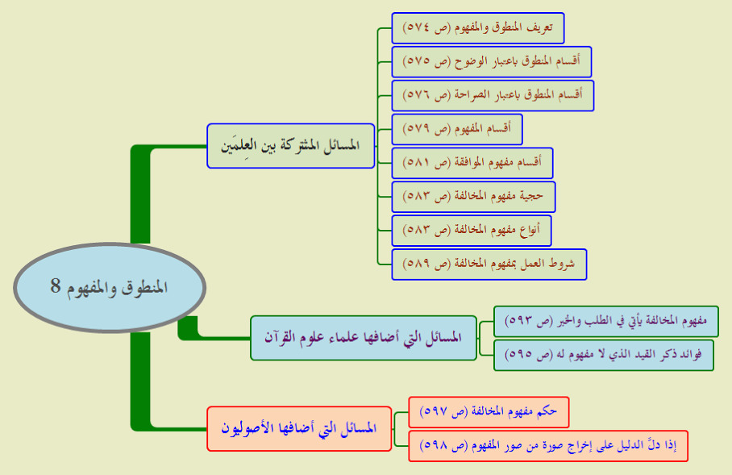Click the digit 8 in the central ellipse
pyautogui.click(x=56, y=285)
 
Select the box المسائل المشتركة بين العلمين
pyautogui.click(x=291, y=146)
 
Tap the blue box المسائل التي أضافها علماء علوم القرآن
pyautogui.click(x=364, y=338)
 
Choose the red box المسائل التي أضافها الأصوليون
pyautogui.click(x=299, y=428)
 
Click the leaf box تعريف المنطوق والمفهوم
pyautogui.click(x=478, y=28)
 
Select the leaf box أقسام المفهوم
pyautogui.click(x=457, y=129)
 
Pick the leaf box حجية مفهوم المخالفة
pyautogui.click(x=473, y=197)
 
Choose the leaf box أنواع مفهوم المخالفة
pyautogui.click(x=472, y=231)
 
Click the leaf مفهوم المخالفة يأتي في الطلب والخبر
pyautogui.click(x=606, y=321)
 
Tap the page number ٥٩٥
pyautogui.click(x=518, y=355)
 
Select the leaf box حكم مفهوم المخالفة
pyautogui.click(x=489, y=412)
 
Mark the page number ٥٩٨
pyautogui.click(x=432, y=446)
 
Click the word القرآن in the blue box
pyautogui.click(x=281, y=337)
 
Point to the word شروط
pyautogui.click(x=562, y=264)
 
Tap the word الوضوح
pyautogui.click(x=468, y=61)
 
